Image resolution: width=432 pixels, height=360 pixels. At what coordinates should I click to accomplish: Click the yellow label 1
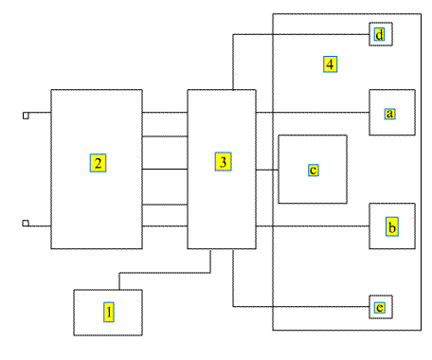109,312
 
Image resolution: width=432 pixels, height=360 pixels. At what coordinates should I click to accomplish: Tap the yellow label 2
98,163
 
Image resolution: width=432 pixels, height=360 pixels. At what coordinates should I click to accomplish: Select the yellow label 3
224,162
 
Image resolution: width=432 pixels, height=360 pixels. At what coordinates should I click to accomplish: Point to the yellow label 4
330,64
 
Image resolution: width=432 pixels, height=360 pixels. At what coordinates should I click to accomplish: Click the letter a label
390,114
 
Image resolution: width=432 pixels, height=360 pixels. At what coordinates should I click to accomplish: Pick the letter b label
392,226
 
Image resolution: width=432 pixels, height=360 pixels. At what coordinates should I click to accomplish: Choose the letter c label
314,170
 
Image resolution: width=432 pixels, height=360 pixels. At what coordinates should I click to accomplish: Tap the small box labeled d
381,34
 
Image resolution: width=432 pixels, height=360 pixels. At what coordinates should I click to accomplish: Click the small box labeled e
381,307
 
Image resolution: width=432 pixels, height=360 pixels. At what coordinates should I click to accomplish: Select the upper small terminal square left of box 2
26,116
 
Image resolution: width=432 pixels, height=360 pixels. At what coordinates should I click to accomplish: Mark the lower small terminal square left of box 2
26,223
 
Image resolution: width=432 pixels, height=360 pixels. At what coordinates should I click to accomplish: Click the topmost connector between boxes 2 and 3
165,112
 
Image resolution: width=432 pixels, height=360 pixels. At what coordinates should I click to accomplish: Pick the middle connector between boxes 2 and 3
165,170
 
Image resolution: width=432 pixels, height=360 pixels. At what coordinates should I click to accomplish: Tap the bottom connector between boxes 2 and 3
165,226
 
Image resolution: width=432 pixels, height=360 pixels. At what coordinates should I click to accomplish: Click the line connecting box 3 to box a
313,112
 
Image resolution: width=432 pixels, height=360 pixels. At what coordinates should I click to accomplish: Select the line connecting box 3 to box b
313,226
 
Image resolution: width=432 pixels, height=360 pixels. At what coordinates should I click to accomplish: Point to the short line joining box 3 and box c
267,170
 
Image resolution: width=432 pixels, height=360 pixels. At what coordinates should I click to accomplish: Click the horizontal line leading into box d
301,34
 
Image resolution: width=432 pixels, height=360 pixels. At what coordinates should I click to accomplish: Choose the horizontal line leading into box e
301,306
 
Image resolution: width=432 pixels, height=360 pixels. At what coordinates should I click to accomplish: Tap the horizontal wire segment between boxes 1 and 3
165,273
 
